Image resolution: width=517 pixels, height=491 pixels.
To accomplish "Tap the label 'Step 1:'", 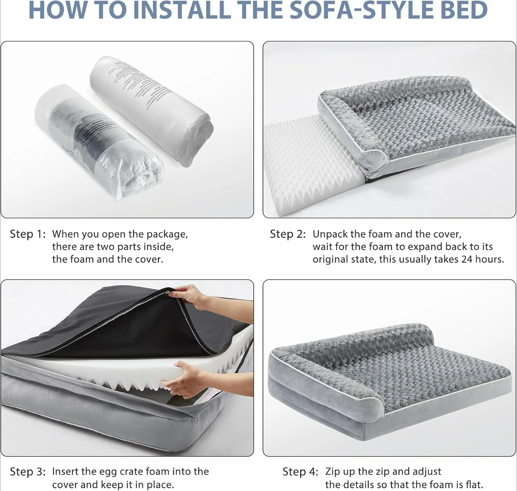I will (x=28, y=234).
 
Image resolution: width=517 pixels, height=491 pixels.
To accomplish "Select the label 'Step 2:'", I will (x=288, y=234).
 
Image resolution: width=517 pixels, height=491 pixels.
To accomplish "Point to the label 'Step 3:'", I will (x=28, y=472).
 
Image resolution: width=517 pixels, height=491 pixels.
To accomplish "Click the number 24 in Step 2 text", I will (x=467, y=259).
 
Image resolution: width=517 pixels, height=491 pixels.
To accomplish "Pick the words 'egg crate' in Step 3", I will (x=122, y=472).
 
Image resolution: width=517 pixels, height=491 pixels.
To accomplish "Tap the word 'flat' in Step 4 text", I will (x=474, y=484).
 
